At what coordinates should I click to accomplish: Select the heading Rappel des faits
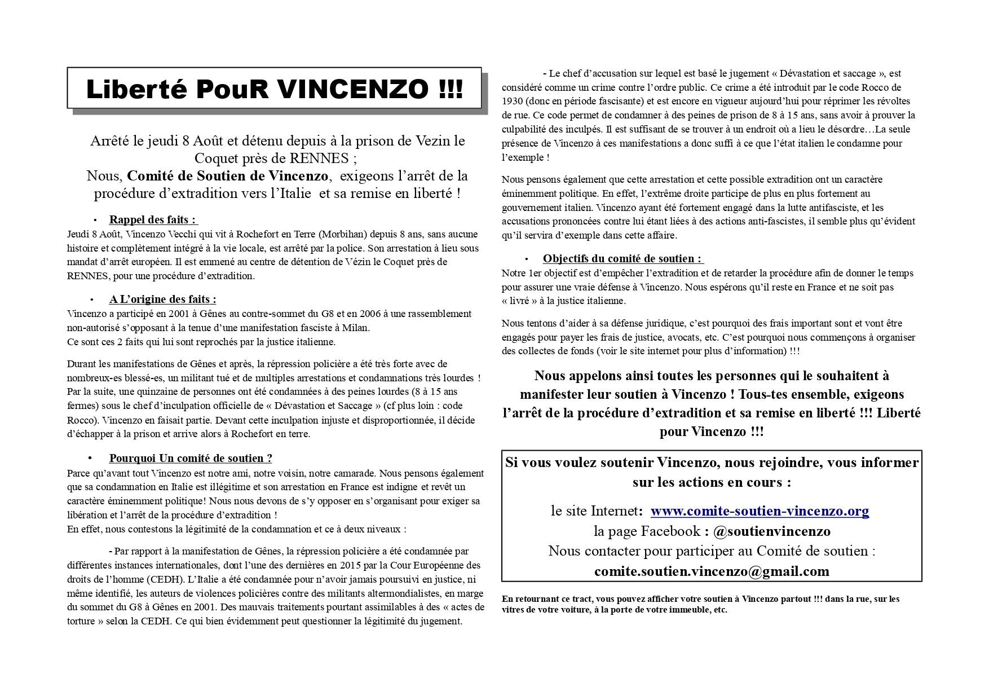click(153, 220)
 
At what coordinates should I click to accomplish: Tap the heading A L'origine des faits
click(162, 300)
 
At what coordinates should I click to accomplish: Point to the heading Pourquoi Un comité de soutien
click(191, 459)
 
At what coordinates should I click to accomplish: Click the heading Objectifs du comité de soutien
click(622, 259)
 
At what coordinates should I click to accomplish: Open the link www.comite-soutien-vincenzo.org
click(760, 511)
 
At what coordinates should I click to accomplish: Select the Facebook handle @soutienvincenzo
click(771, 531)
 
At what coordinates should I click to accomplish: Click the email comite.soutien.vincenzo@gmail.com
click(712, 571)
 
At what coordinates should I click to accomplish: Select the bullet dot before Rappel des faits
click(95, 220)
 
